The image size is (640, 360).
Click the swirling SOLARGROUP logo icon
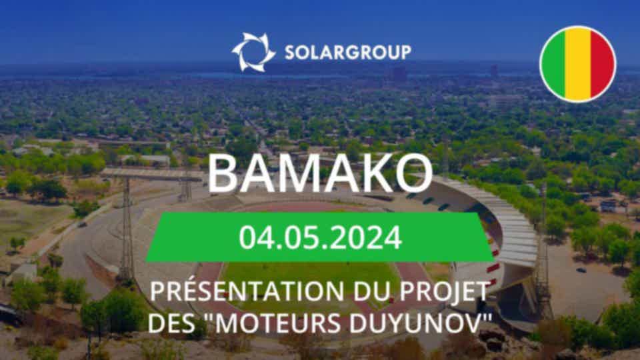pos(253,52)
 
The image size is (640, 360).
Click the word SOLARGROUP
pos(348,53)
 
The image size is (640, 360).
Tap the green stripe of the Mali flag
pos(553,64)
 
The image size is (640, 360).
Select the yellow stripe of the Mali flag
pos(578,64)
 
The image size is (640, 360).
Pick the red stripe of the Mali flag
pos(603,64)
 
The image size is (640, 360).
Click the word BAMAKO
pos(320,173)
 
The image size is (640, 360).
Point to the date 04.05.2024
pos(321,237)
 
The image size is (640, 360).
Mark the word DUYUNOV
pos(414,323)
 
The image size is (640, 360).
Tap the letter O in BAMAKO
pos(413,173)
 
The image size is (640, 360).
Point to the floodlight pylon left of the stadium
pos(127,229)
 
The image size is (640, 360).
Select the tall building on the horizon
pos(399,74)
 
